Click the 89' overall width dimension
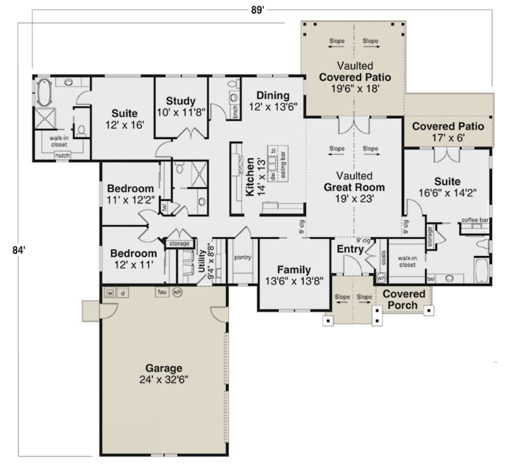pyautogui.click(x=257, y=10)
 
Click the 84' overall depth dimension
pyautogui.click(x=19, y=250)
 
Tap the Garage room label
pyautogui.click(x=164, y=368)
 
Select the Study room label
pyautogui.click(x=181, y=101)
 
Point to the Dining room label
pyautogui.click(x=273, y=95)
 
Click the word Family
pyautogui.click(x=294, y=270)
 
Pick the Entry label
pyautogui.click(x=350, y=249)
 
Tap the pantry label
pyautogui.click(x=243, y=257)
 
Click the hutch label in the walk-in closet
pyautogui.click(x=62, y=155)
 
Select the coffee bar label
pyautogui.click(x=475, y=220)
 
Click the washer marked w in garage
pyautogui.click(x=110, y=293)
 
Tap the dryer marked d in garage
pyautogui.click(x=123, y=293)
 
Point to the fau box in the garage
pyautogui.click(x=162, y=292)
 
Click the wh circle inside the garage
pyautogui.click(x=177, y=292)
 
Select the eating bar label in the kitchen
pyautogui.click(x=283, y=165)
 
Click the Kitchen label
pyautogui.click(x=250, y=177)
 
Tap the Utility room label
pyautogui.click(x=201, y=261)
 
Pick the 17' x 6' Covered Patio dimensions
pyautogui.click(x=448, y=138)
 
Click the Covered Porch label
pyautogui.click(x=403, y=299)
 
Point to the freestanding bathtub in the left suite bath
pyautogui.click(x=44, y=92)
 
